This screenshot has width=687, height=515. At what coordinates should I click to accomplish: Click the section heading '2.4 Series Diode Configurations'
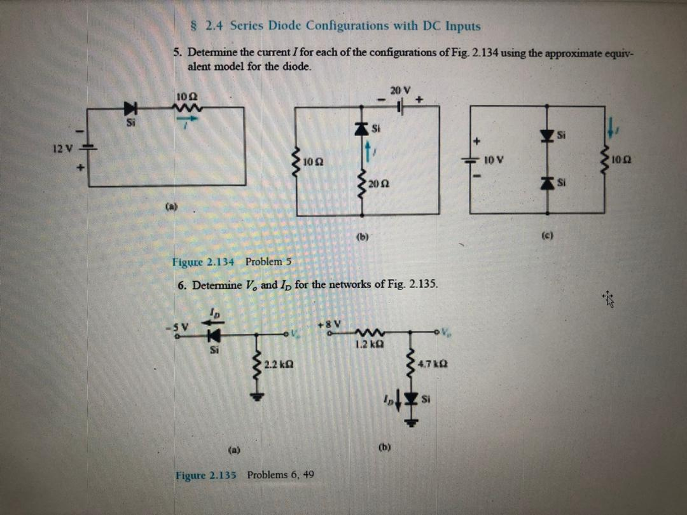pyautogui.click(x=337, y=26)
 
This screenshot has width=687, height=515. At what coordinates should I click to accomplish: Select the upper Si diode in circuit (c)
pyautogui.click(x=546, y=134)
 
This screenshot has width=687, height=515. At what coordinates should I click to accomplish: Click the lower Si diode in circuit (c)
pyautogui.click(x=546, y=183)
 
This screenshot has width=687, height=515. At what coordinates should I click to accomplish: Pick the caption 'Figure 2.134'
pyautogui.click(x=204, y=262)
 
